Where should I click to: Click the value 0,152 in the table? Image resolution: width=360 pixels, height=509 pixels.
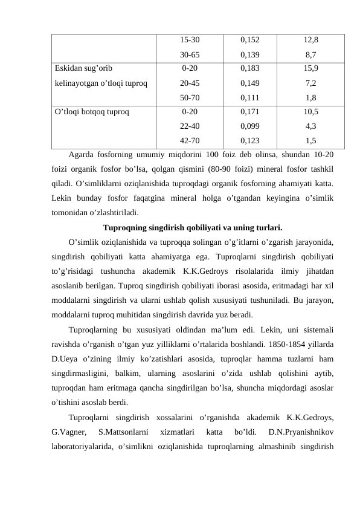250,41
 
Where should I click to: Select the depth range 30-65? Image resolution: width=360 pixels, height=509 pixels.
190,54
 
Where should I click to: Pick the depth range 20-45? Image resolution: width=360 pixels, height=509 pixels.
190,83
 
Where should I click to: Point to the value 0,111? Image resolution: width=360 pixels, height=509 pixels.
250,97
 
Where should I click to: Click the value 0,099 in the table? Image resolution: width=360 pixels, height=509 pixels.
250,126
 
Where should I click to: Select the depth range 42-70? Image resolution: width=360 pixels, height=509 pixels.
190,140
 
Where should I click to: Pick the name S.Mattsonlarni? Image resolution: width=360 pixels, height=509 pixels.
123,432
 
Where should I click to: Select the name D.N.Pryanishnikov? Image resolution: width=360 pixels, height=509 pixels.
303,432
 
